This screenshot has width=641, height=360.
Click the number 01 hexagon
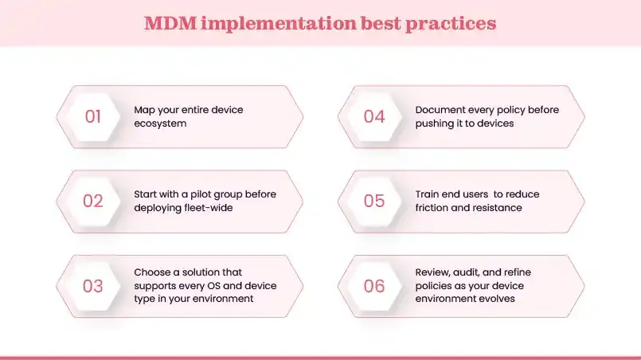(x=93, y=117)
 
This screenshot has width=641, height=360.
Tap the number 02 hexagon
(x=93, y=202)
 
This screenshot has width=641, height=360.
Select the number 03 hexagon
(x=93, y=286)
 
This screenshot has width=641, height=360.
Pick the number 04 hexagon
(x=374, y=117)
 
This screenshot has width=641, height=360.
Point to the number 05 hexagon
(x=374, y=202)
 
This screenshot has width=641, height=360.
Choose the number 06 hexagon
(x=374, y=286)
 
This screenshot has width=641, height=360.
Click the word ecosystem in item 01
(x=162, y=123)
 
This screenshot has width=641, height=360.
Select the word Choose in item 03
(x=151, y=272)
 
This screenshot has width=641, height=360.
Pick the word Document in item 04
(x=440, y=110)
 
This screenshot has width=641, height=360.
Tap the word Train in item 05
(x=428, y=194)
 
